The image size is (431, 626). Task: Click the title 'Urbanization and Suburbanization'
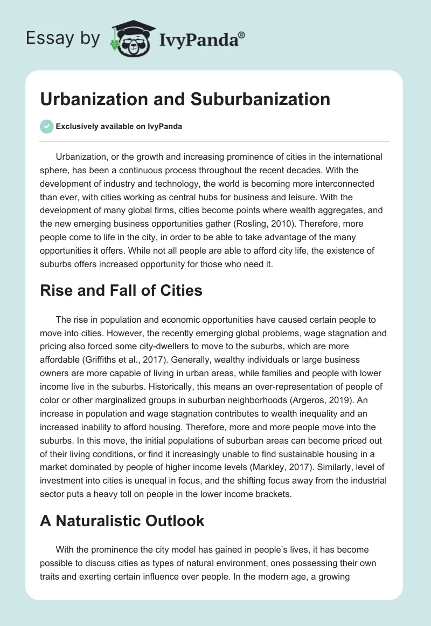coord(185,99)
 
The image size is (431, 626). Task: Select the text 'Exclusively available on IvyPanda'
coord(119,126)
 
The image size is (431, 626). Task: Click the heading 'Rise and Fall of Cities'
coord(121,291)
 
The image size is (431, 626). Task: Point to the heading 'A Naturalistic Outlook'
coord(122,521)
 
